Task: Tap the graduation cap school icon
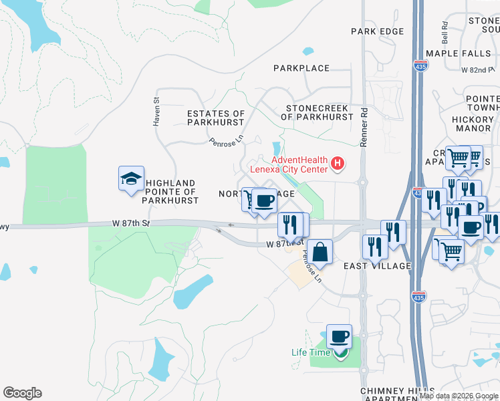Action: [131, 178]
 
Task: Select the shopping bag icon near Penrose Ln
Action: [320, 252]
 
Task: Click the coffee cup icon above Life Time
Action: [339, 336]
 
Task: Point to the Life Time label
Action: [311, 352]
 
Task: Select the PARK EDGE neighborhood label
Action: [378, 31]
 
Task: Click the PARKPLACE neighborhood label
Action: [301, 68]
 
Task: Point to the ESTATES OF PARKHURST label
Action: [216, 118]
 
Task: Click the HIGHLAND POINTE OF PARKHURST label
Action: [171, 191]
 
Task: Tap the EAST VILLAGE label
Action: [377, 266]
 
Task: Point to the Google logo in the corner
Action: [22, 393]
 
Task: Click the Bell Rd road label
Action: [444, 29]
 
